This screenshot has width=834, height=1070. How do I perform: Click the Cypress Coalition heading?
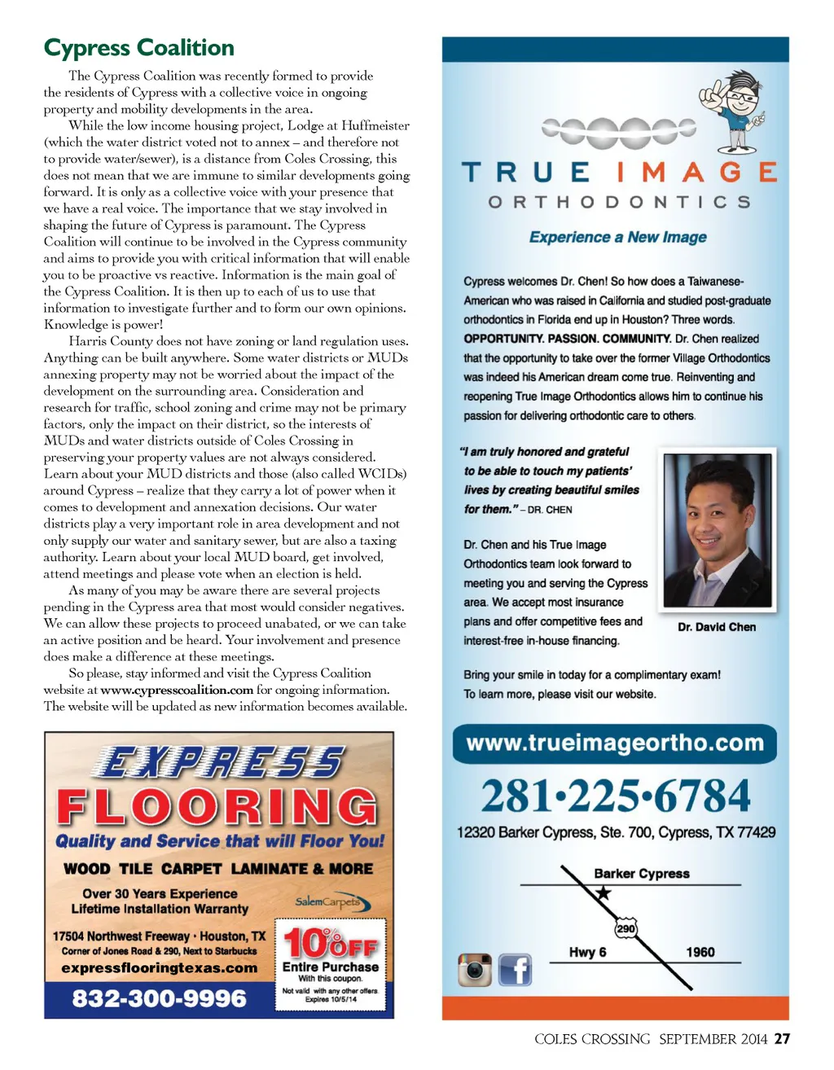click(x=139, y=48)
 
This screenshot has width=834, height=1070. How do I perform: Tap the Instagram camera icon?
click(x=475, y=970)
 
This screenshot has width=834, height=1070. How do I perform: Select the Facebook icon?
click(x=515, y=970)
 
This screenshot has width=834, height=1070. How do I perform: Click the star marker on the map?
click(x=603, y=893)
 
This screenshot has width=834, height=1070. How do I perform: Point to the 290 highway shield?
click(x=625, y=928)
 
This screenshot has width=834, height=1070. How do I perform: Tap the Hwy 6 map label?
click(x=587, y=952)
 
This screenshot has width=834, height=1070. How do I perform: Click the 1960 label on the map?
click(x=700, y=952)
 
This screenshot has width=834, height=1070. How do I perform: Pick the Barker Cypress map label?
click(x=641, y=874)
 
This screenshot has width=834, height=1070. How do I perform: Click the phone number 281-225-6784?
click(x=615, y=796)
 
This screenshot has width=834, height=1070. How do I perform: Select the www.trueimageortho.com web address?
click(x=615, y=743)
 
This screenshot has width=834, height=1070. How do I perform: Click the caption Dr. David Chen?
click(x=717, y=627)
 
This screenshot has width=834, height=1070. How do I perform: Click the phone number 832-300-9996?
click(x=160, y=998)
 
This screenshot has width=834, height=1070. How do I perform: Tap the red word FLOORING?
click(x=217, y=807)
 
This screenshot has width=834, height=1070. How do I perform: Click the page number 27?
click(x=782, y=1039)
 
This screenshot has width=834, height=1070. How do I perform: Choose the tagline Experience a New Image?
click(x=617, y=237)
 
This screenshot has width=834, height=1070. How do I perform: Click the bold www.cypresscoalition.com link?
click(x=177, y=691)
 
